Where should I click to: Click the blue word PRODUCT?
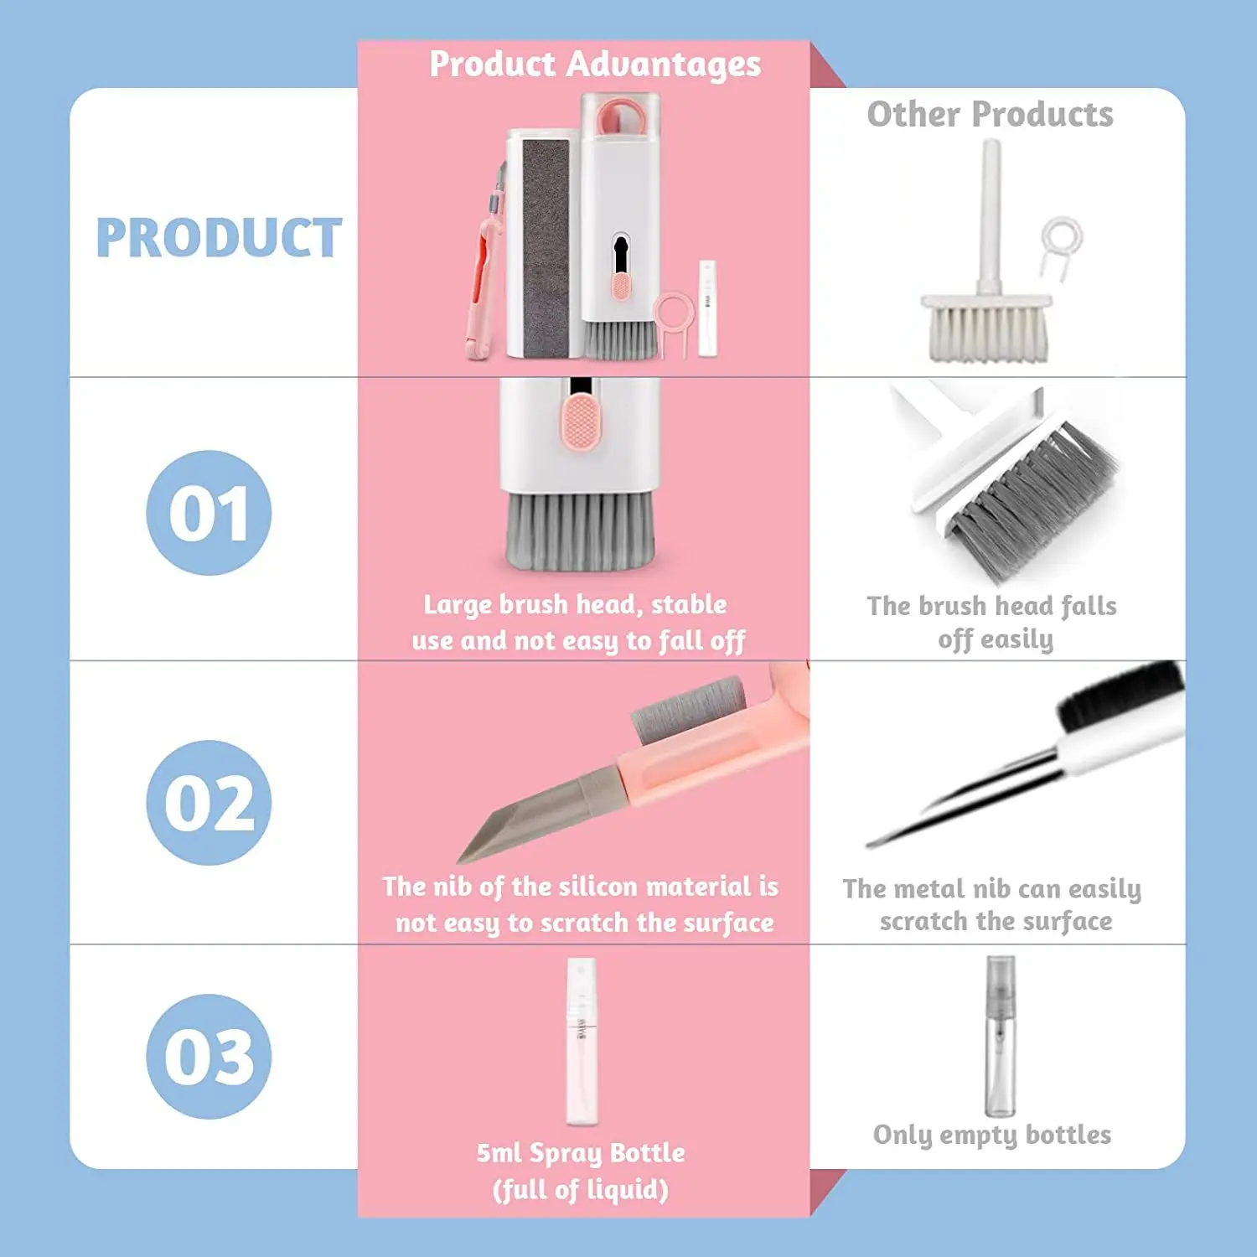[219, 238]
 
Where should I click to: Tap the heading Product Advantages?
[595, 65]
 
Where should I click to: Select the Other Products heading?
[990, 114]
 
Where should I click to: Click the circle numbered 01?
[209, 513]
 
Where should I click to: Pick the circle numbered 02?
[209, 803]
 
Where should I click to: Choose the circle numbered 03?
[209, 1057]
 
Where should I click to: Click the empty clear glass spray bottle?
[1000, 1039]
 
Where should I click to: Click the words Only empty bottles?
[992, 1135]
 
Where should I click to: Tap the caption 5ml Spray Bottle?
[581, 1153]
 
